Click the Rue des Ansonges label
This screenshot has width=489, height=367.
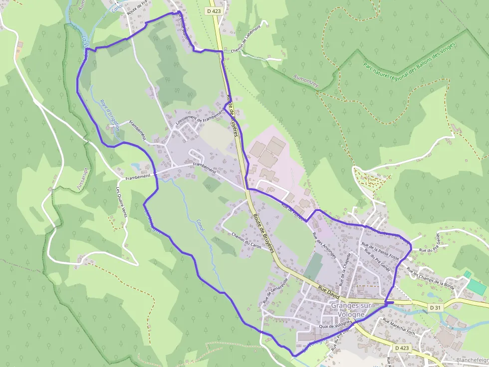(x=321, y=244)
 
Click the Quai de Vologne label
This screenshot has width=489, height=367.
(x=335, y=325)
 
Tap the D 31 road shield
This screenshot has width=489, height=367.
(x=435, y=308)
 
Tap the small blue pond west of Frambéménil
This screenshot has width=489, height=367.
(x=136, y=166)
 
